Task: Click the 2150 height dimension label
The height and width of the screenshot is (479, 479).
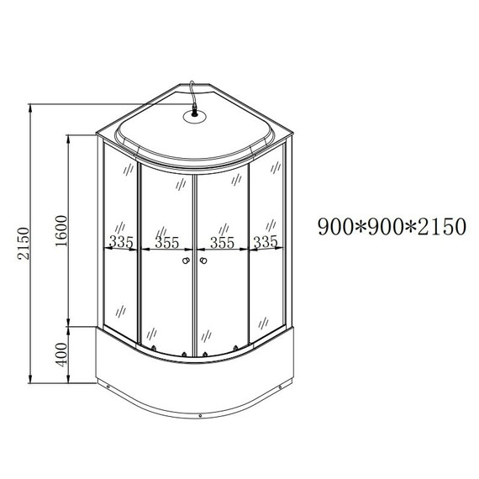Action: point(24,243)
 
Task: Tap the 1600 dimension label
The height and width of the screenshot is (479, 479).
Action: point(61,232)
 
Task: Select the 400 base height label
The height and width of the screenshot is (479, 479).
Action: point(61,355)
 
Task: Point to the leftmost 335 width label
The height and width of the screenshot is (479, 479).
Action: point(121,242)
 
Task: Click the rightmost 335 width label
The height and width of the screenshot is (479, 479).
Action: point(266,242)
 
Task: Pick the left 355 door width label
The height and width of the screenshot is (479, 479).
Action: point(166,243)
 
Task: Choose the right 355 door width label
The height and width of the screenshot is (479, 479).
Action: point(222,243)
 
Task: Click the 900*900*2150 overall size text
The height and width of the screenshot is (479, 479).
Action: point(392,227)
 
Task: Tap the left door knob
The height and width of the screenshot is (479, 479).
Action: point(186,261)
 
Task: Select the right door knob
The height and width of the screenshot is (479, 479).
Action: point(203,261)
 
